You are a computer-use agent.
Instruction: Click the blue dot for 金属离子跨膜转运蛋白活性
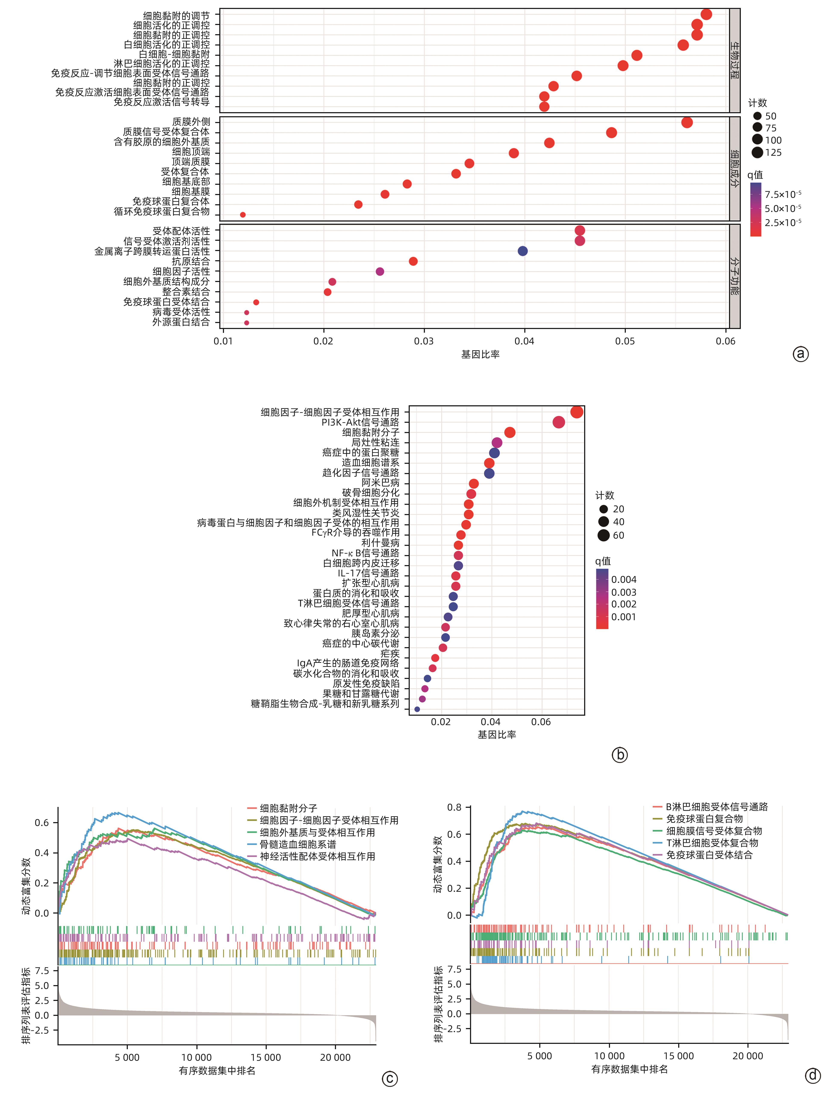point(522,251)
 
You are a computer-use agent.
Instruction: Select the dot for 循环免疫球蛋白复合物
point(243,215)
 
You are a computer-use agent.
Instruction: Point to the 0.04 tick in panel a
point(524,341)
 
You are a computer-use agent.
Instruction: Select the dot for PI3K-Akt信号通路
point(558,422)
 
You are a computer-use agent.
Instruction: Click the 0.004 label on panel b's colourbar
point(623,579)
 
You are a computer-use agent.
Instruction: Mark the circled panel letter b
point(620,755)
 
